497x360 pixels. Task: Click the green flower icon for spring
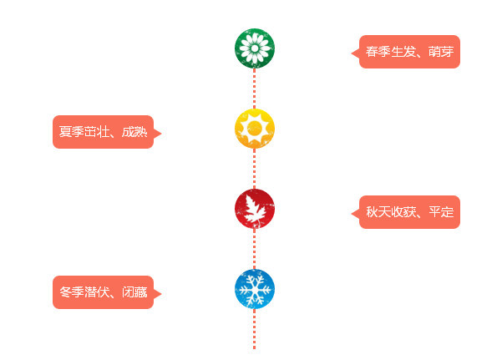click(255, 48)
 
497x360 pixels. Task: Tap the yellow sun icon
click(255, 129)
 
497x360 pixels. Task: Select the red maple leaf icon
click(255, 209)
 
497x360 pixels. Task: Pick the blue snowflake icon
click(255, 289)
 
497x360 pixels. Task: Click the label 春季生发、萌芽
click(409, 52)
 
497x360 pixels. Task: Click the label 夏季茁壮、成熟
click(103, 132)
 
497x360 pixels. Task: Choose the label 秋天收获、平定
click(409, 212)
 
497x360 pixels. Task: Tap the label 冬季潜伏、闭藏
click(103, 292)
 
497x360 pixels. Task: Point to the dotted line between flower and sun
click(254, 89)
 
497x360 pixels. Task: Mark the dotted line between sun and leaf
click(254, 169)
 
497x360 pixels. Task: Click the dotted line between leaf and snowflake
click(254, 249)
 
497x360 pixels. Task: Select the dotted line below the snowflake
click(254, 330)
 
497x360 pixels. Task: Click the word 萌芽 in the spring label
click(441, 52)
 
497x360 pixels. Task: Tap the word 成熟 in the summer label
click(134, 132)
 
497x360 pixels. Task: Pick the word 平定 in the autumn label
click(441, 212)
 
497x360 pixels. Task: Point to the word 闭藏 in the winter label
click(134, 292)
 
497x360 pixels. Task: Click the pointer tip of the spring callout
click(352, 53)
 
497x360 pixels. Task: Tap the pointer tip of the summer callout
click(161, 134)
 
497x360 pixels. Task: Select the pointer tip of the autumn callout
click(352, 214)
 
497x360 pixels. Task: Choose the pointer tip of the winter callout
click(161, 294)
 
